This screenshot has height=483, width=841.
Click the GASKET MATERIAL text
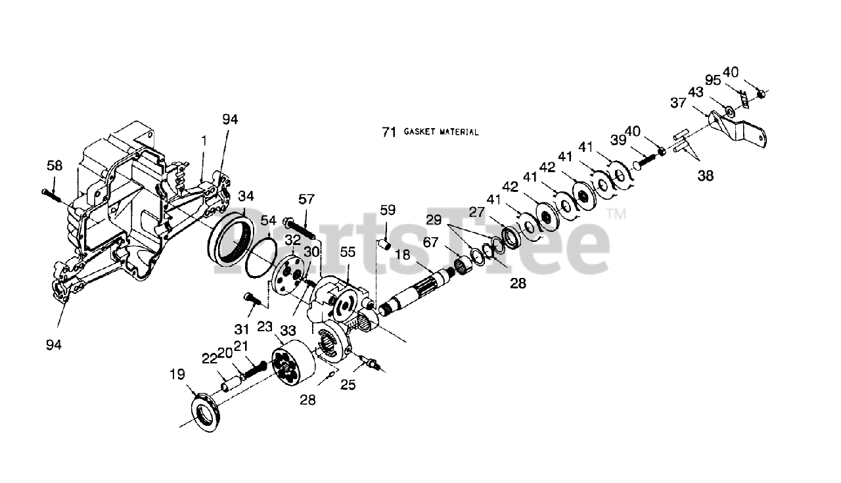tap(441, 132)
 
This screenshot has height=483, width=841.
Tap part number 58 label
tap(55, 166)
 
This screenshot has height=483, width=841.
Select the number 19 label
tap(177, 375)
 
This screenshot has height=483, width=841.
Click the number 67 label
tap(430, 242)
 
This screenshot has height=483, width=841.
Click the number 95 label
tap(713, 80)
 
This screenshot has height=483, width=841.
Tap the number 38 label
tap(705, 175)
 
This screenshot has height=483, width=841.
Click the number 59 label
tap(388, 210)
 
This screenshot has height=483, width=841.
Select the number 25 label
tap(348, 384)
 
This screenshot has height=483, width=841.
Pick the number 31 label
tap(243, 329)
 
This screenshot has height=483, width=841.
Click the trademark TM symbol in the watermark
tap(616, 214)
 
